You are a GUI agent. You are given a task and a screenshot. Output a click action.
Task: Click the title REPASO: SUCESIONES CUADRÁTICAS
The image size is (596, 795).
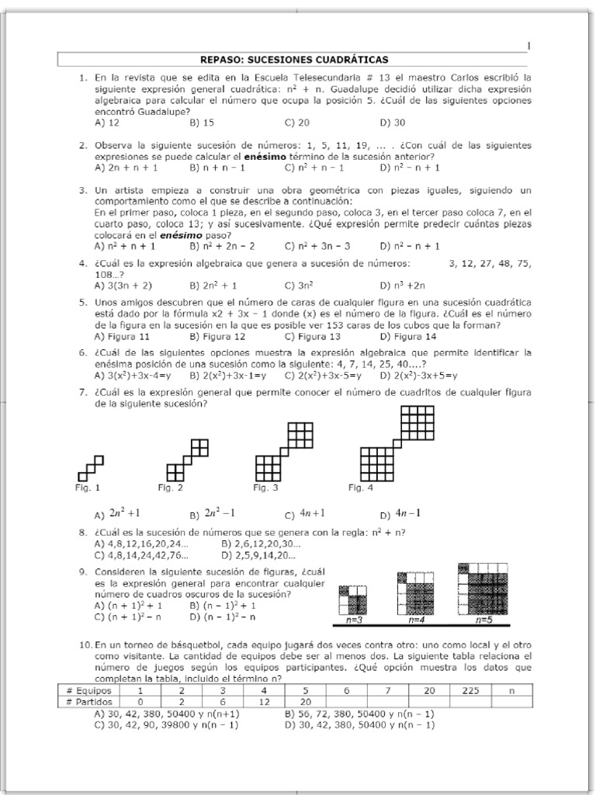[x=294, y=59]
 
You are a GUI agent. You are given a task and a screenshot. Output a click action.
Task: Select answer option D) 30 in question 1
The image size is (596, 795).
[x=393, y=123]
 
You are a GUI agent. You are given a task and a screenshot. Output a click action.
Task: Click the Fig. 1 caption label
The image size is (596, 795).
[x=87, y=488]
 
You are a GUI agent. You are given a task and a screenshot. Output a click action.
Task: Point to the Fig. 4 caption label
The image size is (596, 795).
[x=361, y=488]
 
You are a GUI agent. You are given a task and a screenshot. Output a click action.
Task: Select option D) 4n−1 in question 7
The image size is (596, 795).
[x=397, y=513]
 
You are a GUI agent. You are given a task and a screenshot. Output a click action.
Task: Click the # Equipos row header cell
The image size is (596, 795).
[x=88, y=689]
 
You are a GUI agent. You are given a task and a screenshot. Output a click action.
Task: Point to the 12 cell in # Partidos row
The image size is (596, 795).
[x=264, y=701]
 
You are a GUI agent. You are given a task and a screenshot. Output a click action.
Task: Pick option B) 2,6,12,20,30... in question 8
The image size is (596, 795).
[x=260, y=544]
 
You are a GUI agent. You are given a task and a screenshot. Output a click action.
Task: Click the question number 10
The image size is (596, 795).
[x=85, y=645]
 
